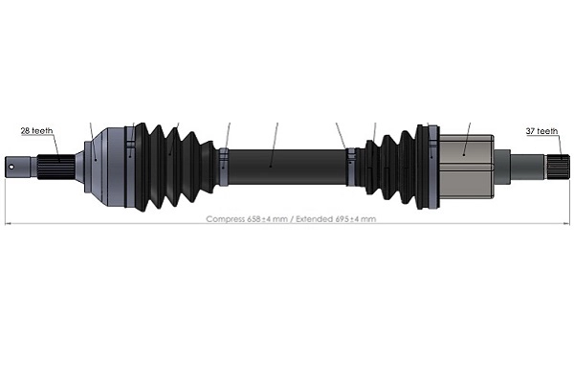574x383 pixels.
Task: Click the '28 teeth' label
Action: click(36, 130)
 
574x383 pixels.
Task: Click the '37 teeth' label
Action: click(541, 130)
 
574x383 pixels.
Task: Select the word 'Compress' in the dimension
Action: click(226, 219)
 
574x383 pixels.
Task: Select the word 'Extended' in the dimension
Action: click(313, 219)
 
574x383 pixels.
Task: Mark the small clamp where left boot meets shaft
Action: click(222, 165)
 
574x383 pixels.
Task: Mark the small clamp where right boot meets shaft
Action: click(351, 164)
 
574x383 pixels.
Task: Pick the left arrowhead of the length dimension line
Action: click(8, 224)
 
